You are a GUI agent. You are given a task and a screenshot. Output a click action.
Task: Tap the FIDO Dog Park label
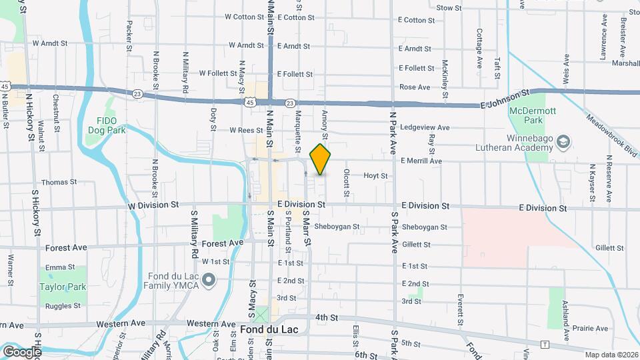point(106,126)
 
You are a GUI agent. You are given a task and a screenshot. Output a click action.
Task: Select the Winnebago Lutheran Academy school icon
point(564,141)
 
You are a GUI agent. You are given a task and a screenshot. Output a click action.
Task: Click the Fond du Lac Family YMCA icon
point(209,279)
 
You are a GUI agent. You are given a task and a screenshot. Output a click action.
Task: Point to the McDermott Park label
point(526,116)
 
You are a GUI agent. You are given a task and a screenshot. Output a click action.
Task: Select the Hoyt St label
point(375,175)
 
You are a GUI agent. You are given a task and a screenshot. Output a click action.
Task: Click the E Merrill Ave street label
point(421,161)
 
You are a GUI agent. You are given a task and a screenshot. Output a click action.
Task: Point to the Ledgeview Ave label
point(425,127)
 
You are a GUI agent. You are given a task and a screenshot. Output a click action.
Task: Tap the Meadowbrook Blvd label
point(612,135)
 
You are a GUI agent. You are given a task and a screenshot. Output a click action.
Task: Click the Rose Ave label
point(414,87)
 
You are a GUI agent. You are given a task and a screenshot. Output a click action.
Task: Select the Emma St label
point(56,267)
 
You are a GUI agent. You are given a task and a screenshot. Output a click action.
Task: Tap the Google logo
point(22,351)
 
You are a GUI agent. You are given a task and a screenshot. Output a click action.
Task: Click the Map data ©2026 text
point(611,355)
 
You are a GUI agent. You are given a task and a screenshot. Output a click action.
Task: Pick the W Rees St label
point(247,130)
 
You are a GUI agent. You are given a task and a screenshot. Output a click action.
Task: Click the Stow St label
point(449,8)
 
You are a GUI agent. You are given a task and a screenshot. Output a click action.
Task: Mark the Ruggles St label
point(63,306)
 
